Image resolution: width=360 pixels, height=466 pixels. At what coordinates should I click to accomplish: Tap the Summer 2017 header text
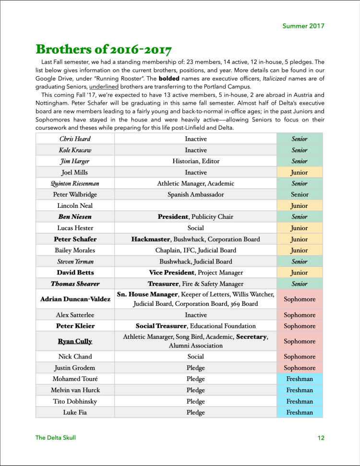click(x=303, y=26)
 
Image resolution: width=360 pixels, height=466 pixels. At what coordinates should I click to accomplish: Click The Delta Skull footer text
click(x=56, y=438)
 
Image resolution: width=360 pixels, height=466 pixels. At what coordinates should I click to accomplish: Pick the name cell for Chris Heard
click(x=75, y=139)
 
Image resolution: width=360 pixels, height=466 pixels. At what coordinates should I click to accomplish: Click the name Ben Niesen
click(x=75, y=217)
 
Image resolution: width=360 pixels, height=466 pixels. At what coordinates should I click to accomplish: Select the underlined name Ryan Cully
click(x=75, y=341)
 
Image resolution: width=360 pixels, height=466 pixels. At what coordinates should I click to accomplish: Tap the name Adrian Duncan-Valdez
click(x=75, y=299)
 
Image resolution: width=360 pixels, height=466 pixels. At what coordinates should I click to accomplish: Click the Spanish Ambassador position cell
click(x=195, y=194)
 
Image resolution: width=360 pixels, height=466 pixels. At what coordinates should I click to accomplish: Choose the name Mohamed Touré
click(x=75, y=379)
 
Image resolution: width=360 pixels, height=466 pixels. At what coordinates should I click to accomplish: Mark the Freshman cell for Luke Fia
click(x=300, y=412)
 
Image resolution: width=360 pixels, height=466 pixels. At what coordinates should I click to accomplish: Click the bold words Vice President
click(x=170, y=273)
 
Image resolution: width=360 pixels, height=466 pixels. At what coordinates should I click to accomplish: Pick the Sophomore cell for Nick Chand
click(x=300, y=357)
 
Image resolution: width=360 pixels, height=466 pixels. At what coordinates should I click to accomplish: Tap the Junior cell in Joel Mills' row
click(x=300, y=172)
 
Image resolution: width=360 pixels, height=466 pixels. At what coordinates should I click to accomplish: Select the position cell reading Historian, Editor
click(x=195, y=161)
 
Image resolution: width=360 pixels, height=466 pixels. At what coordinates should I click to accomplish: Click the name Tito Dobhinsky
click(x=75, y=401)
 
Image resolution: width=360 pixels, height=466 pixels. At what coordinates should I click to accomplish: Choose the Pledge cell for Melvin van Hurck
click(x=195, y=390)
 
